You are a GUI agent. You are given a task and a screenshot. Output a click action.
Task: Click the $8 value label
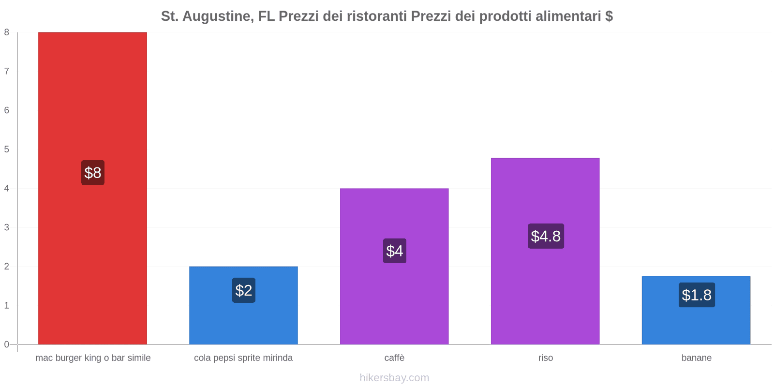click(93, 173)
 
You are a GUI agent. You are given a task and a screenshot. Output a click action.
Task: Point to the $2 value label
click(244, 290)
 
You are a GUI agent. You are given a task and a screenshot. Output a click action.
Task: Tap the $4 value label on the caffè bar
click(395, 251)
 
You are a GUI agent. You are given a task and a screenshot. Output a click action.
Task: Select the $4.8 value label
click(546, 236)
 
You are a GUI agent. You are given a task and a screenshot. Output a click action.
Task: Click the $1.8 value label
click(697, 295)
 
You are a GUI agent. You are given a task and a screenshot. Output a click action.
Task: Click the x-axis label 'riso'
click(546, 358)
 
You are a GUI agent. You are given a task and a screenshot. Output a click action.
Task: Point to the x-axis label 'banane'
click(697, 358)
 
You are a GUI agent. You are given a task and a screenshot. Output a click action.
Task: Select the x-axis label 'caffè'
click(394, 358)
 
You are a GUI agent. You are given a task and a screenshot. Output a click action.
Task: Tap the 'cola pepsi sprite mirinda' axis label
click(243, 358)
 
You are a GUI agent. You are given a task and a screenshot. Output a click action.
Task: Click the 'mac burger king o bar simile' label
click(93, 358)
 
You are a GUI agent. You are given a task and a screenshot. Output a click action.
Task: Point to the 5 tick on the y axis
click(7, 149)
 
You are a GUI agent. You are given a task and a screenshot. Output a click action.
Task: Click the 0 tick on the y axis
click(7, 344)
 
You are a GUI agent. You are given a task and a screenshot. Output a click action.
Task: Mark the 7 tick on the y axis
click(7, 71)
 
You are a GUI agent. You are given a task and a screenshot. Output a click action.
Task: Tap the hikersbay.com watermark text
click(394, 378)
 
